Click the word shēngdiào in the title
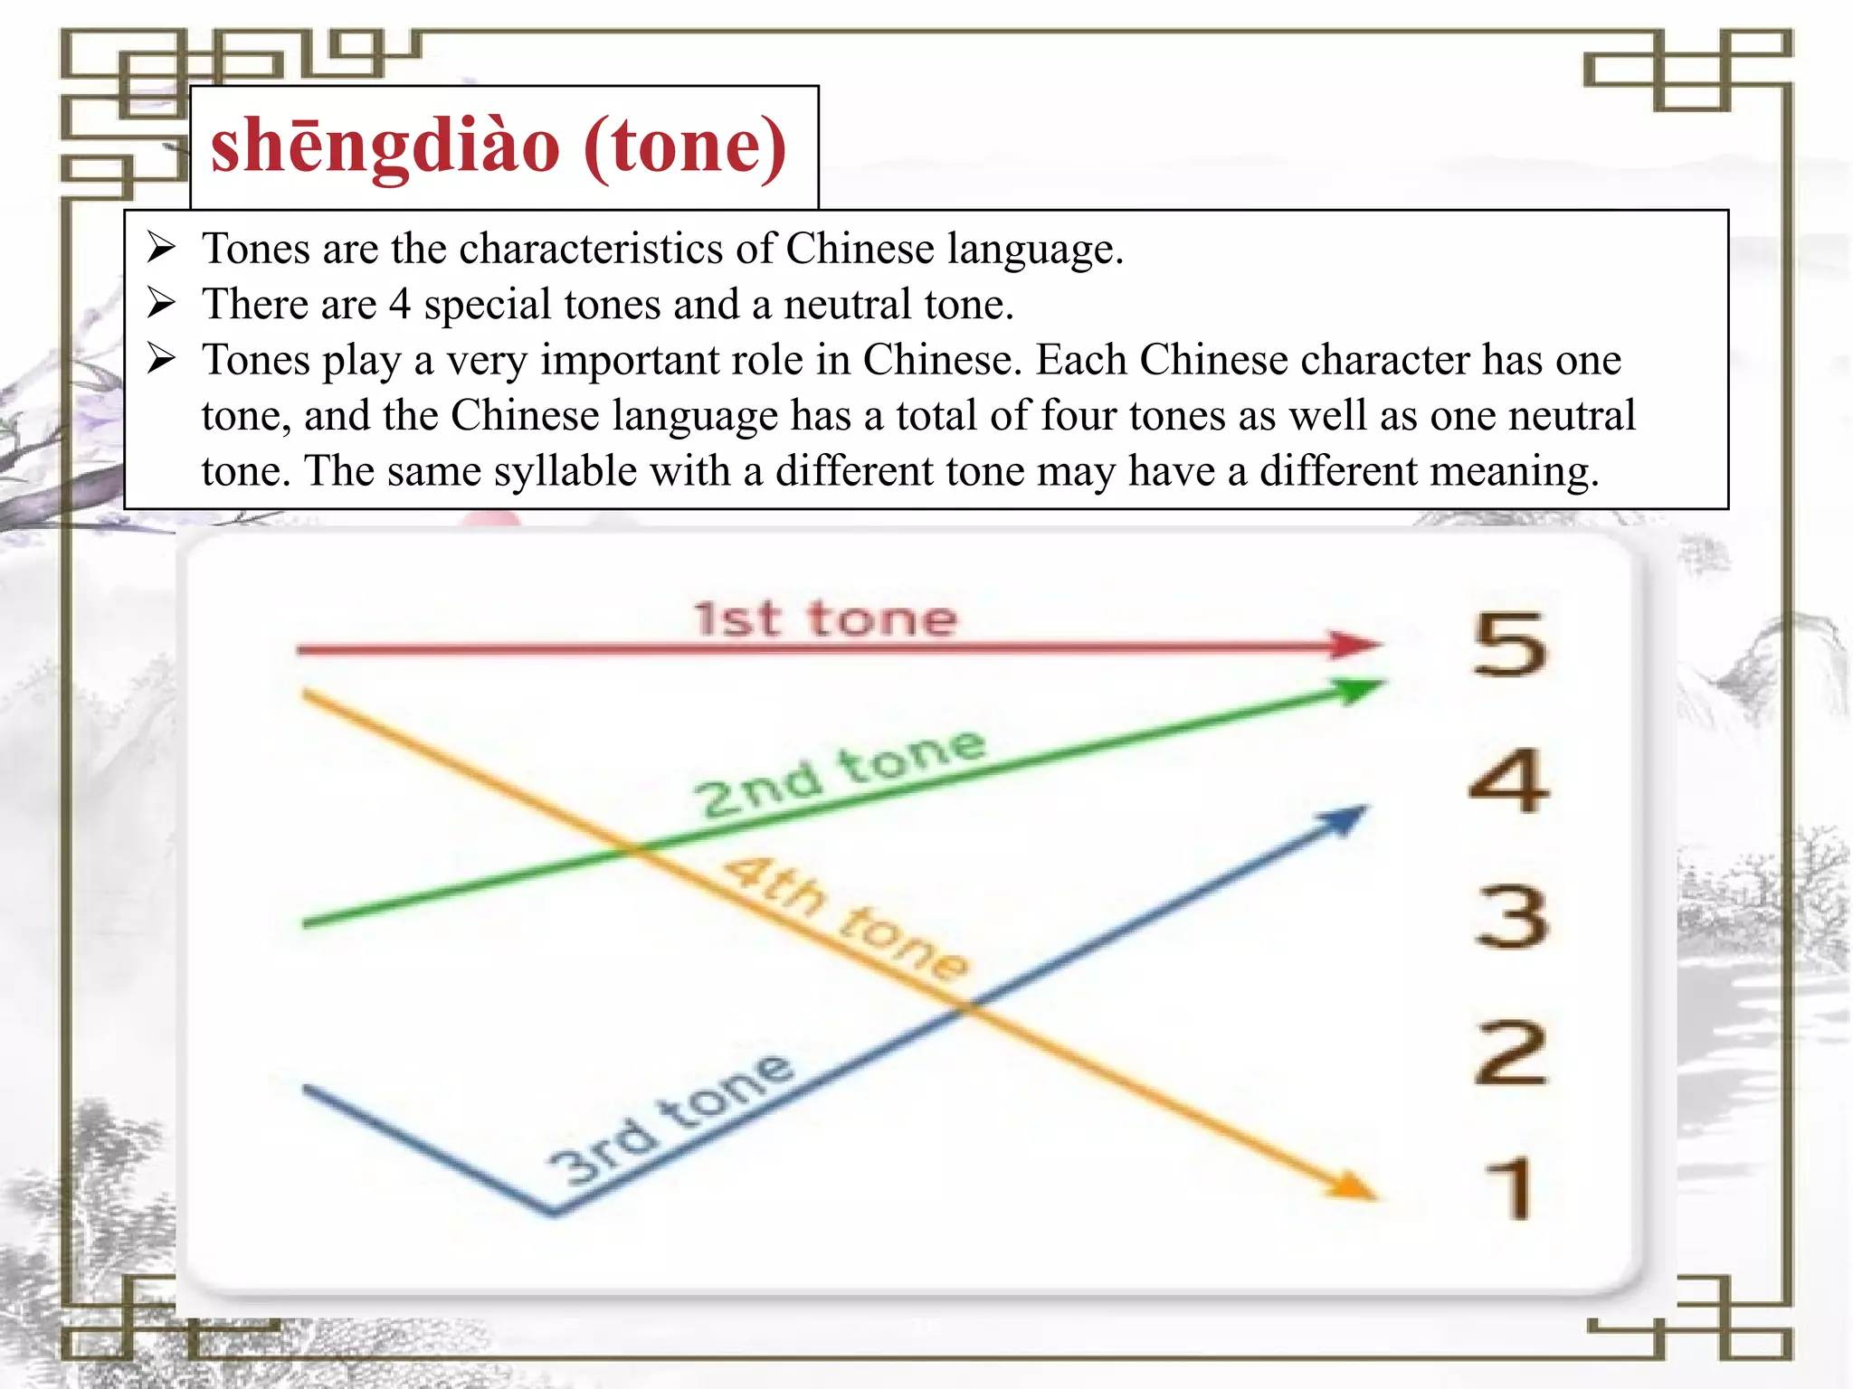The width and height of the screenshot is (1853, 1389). [385, 146]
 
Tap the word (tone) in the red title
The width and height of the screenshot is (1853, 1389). [686, 146]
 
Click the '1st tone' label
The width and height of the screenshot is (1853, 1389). [825, 619]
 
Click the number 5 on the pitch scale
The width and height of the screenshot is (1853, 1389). [1509, 644]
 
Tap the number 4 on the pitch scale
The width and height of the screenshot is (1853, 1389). [1509, 780]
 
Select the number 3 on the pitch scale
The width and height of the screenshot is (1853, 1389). [1511, 916]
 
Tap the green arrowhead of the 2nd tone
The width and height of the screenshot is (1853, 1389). [1359, 691]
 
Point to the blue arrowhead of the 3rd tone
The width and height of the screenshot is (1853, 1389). [1345, 819]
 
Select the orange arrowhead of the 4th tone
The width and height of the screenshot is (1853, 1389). [1351, 1187]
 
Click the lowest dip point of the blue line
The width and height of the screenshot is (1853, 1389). [552, 1211]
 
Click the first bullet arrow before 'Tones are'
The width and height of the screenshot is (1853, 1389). [161, 248]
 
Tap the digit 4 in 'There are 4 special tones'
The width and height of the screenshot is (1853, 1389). [400, 304]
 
